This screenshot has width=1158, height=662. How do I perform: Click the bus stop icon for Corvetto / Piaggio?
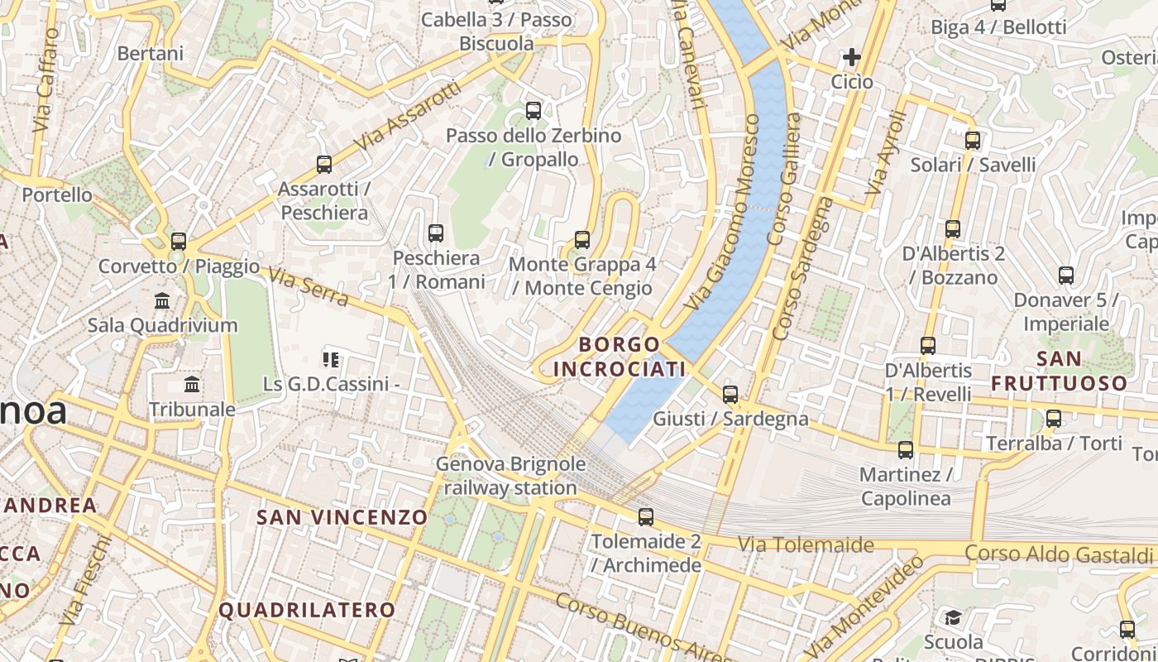(x=179, y=242)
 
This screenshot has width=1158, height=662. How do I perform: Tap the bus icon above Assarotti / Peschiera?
(x=324, y=164)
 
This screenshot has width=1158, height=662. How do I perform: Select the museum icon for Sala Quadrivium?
(x=162, y=300)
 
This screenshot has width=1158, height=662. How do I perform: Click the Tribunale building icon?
(x=193, y=385)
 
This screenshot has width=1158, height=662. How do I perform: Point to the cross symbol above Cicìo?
(x=851, y=57)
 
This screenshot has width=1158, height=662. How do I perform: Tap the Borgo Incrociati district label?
(x=620, y=357)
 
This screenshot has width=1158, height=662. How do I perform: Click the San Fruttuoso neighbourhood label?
(x=1060, y=371)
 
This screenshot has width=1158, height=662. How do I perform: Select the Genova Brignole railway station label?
(x=510, y=476)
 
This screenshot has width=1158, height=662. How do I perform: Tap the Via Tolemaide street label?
(x=806, y=544)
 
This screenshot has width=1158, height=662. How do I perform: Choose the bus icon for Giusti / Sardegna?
(x=730, y=395)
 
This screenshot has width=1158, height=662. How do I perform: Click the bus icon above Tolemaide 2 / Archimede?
(x=646, y=517)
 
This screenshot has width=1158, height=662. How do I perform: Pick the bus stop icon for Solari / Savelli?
(x=973, y=141)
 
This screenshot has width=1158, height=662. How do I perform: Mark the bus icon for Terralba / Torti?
(x=1054, y=419)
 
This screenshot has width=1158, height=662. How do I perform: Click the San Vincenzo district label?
(x=342, y=517)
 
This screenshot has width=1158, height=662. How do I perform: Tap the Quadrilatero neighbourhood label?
(x=307, y=610)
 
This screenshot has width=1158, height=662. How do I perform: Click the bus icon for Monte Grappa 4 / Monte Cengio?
(x=582, y=240)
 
